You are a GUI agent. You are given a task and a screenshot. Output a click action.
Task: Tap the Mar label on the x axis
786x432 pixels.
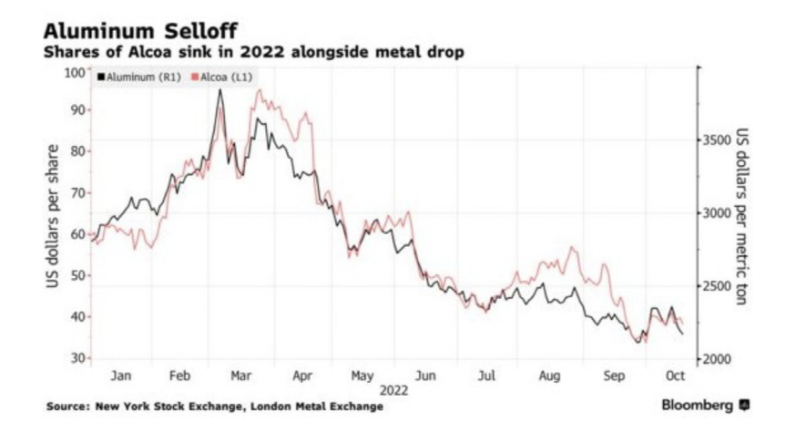(x=241, y=375)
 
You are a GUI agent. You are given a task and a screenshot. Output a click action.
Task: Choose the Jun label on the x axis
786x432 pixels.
(x=424, y=375)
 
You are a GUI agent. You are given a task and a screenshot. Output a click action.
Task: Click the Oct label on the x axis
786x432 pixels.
(x=674, y=375)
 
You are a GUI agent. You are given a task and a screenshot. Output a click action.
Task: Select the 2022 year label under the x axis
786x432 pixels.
(x=393, y=390)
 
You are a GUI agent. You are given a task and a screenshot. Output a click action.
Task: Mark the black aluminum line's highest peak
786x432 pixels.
(x=219, y=90)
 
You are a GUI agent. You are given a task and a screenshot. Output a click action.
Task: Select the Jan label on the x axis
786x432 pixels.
(x=121, y=375)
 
